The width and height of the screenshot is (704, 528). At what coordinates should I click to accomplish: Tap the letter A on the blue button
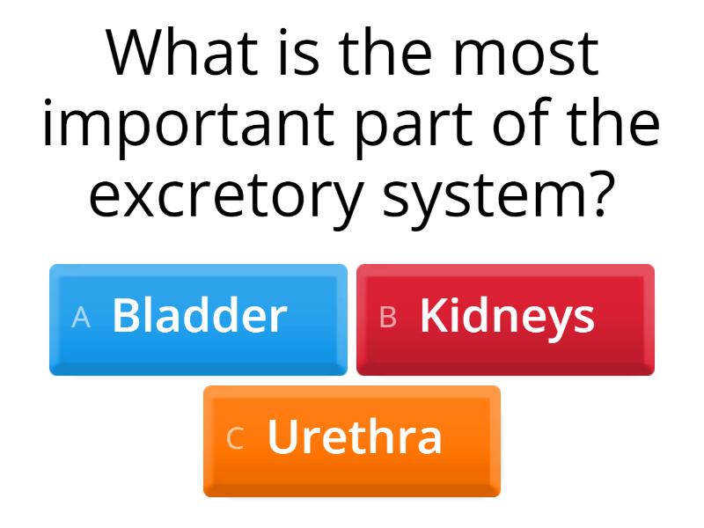(81, 318)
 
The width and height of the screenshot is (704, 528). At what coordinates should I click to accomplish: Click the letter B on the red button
(388, 318)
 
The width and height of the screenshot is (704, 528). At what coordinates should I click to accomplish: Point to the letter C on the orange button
(235, 439)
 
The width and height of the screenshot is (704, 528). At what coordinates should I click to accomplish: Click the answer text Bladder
(200, 316)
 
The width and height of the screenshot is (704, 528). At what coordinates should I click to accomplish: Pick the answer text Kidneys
(507, 317)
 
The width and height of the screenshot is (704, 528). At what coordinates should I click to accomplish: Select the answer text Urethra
(355, 437)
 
